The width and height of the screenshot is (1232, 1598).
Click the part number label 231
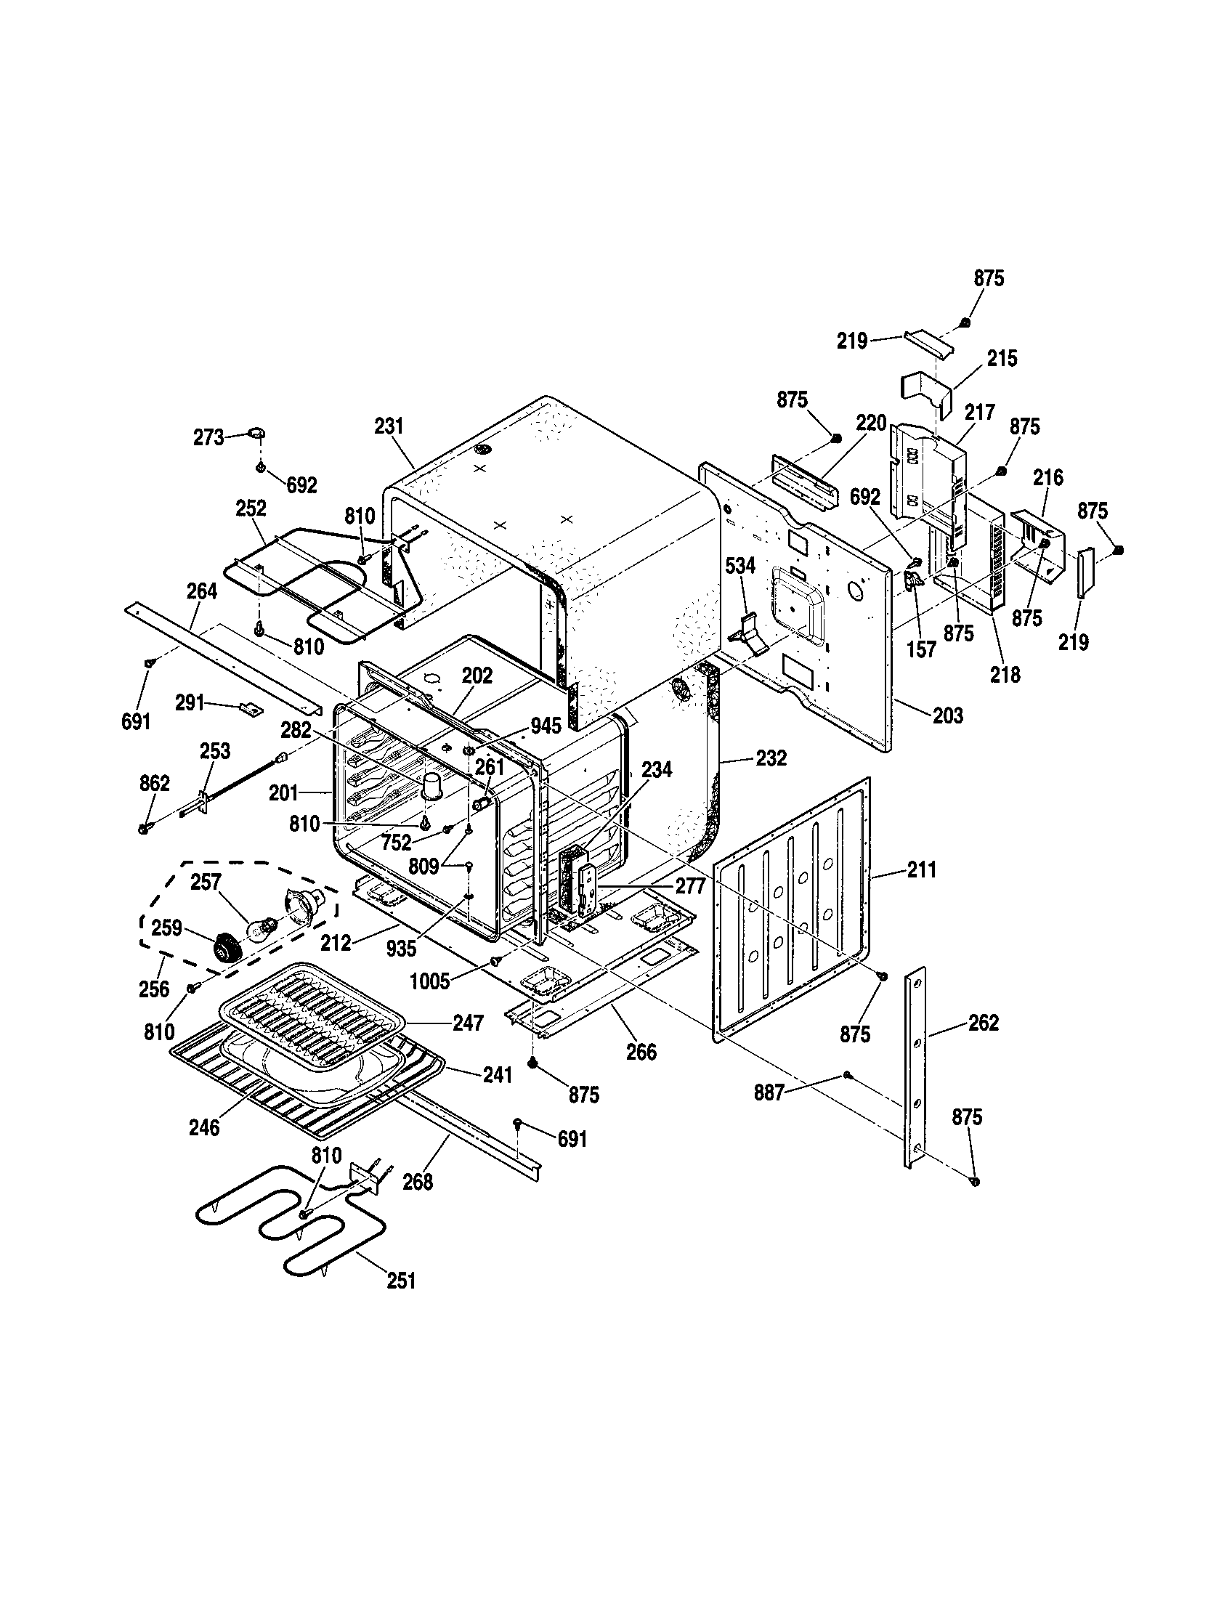(x=389, y=426)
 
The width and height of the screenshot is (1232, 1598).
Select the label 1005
(x=429, y=981)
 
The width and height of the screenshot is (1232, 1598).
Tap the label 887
(x=769, y=1113)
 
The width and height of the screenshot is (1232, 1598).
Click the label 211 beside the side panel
(x=921, y=870)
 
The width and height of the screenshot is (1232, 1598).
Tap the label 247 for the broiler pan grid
(x=469, y=1022)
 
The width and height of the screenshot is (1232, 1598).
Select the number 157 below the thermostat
(x=921, y=648)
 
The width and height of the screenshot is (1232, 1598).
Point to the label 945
(x=546, y=725)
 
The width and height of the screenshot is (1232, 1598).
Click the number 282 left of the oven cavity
(x=296, y=730)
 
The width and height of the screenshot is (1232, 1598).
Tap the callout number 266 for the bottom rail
(x=641, y=1052)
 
